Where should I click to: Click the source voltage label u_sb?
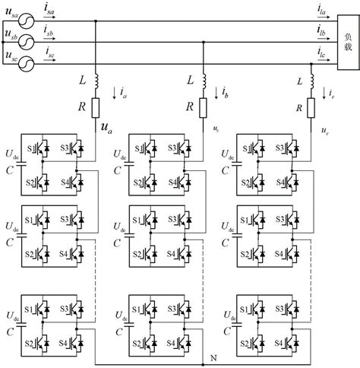tap(10, 35)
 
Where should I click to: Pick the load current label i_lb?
tap(323, 30)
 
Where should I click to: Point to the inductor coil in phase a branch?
tap(96, 80)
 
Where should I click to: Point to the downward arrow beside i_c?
tap(324, 94)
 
